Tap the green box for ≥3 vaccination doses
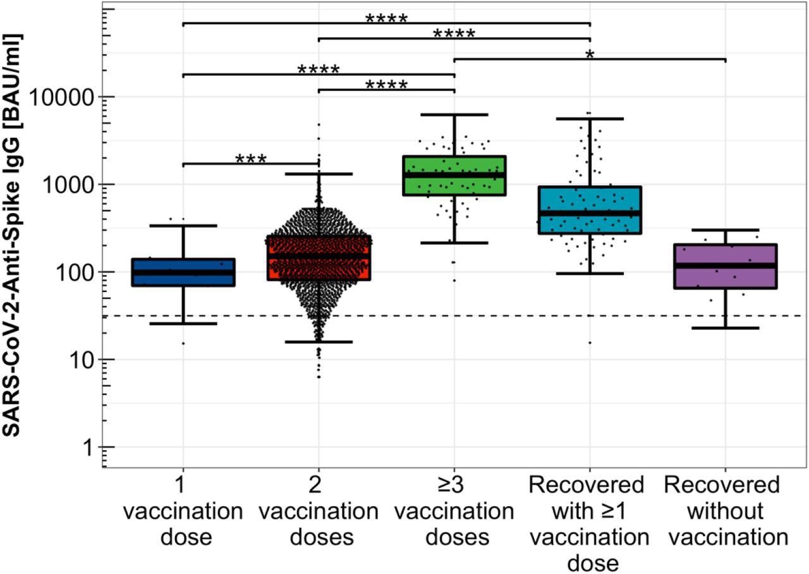454,175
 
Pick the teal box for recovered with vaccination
590,210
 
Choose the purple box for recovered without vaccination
725,266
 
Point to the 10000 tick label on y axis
64,97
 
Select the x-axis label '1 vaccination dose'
183,511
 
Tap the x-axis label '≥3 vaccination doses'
454,511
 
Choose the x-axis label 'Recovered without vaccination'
725,511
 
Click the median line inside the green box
454,175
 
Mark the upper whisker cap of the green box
454,114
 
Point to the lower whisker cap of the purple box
725,328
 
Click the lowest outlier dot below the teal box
590,343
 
